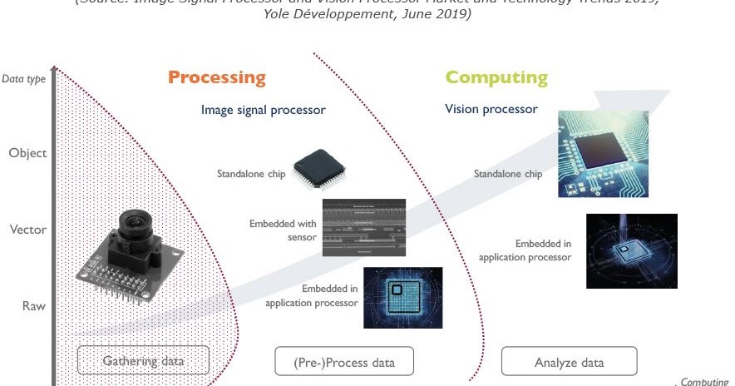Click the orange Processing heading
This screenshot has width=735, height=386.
point(216,78)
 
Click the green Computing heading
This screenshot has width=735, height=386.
point(496,78)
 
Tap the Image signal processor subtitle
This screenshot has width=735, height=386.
point(263,110)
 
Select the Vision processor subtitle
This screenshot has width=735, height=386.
point(491,109)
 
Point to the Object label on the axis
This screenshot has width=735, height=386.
point(27,153)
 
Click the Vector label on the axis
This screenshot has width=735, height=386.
point(27,230)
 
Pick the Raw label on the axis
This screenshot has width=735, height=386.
point(33,306)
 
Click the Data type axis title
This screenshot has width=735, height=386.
point(24,80)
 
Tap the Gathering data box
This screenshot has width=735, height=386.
point(143,361)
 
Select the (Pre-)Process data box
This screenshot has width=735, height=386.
point(344,362)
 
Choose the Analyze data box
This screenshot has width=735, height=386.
point(569,362)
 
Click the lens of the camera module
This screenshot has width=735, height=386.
point(133,225)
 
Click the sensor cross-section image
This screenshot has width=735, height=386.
point(363,227)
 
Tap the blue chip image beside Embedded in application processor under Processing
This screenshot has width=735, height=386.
point(402,297)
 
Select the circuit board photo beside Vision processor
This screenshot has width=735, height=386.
point(602,155)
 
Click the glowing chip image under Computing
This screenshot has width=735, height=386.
point(631,250)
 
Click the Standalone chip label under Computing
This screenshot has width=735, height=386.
point(507,174)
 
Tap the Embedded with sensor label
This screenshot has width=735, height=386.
point(283,230)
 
